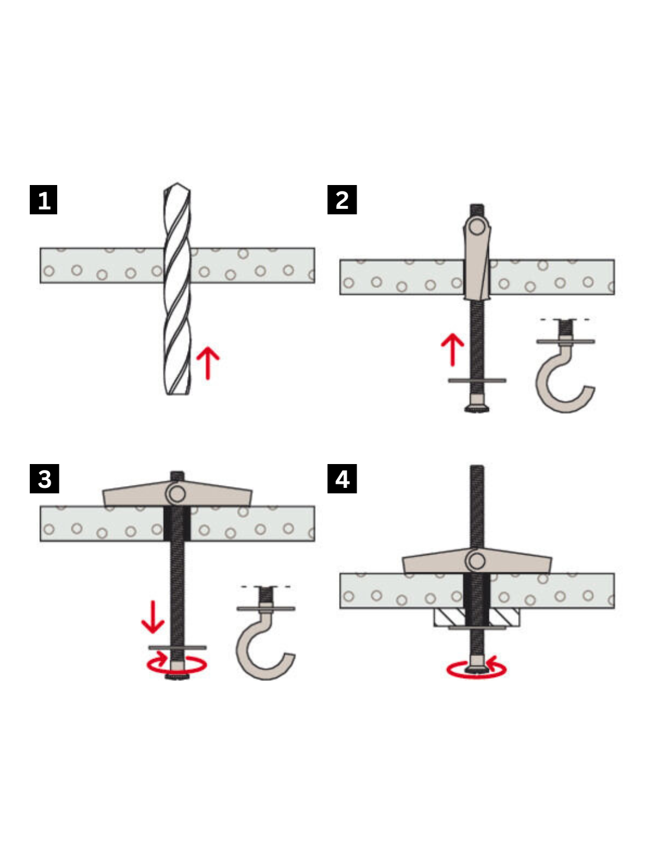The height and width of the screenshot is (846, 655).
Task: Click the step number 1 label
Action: click(43, 199)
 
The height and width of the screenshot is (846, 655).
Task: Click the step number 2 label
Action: click(342, 199)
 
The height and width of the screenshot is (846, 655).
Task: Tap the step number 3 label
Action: click(45, 478)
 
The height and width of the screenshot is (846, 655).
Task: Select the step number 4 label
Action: click(342, 478)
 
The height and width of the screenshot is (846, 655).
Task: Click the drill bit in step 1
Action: click(177, 289)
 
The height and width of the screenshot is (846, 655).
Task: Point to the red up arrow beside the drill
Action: click(208, 363)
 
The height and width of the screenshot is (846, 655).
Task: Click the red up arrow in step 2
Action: click(453, 350)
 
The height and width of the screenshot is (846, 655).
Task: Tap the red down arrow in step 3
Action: click(153, 617)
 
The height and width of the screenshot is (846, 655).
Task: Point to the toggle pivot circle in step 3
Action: click(177, 494)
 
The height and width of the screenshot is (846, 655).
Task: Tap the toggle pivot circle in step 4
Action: click(477, 561)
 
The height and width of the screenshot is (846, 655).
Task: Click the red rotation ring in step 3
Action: click(177, 665)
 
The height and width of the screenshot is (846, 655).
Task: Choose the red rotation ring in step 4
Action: click(476, 670)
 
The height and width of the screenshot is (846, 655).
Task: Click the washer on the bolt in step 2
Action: click(477, 380)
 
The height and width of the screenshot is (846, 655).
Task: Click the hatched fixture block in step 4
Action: click(476, 618)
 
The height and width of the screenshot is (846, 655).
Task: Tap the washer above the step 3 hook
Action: click(266, 609)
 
